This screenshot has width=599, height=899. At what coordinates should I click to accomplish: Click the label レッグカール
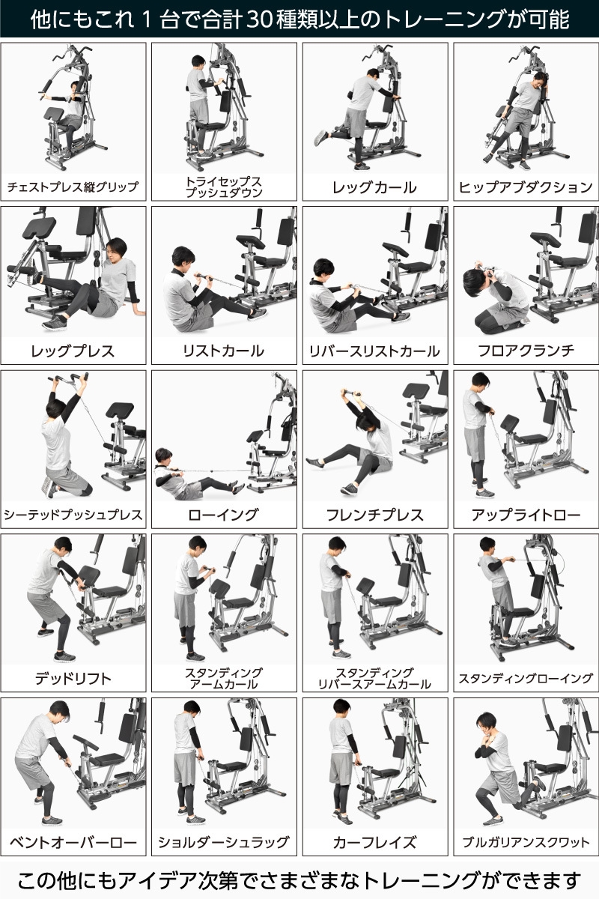tap(374, 187)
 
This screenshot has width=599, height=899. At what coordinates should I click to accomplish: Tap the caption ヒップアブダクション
tap(525, 187)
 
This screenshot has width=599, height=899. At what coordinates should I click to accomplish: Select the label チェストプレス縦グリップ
tap(73, 187)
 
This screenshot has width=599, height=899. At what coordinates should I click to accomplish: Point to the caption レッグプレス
tap(73, 351)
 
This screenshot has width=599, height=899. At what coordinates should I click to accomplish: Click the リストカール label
tap(223, 351)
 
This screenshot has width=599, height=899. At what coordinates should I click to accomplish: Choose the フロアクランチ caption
tap(525, 351)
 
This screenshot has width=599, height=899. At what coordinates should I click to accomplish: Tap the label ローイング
tap(223, 515)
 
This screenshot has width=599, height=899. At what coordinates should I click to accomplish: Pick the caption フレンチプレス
tap(374, 515)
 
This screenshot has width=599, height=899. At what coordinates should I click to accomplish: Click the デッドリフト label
tap(73, 679)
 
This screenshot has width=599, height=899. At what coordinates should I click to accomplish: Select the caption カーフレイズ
tap(374, 842)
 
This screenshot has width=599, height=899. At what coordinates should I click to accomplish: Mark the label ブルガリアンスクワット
tap(525, 842)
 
